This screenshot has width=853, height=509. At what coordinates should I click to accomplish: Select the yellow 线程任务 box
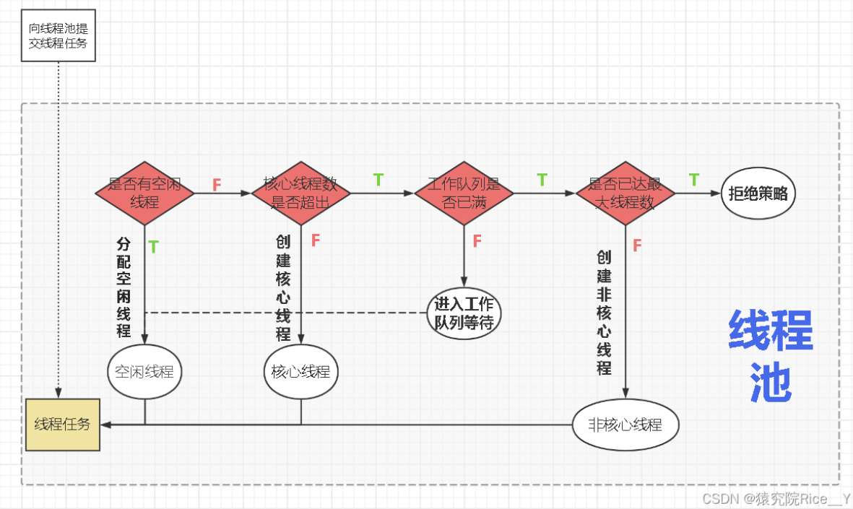tap(63, 424)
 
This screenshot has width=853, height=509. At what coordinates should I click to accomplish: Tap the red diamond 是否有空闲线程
tap(144, 193)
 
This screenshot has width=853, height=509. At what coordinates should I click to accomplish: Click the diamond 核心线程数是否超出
tap(300, 193)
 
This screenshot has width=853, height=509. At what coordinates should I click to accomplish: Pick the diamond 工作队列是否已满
tap(464, 193)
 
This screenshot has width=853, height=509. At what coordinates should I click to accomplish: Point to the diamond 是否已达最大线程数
tap(625, 193)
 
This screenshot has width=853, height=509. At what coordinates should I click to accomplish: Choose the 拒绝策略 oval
tap(758, 194)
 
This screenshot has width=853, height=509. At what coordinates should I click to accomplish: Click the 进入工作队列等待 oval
tap(464, 313)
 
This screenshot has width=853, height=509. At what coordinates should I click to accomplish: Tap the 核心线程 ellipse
tap(300, 372)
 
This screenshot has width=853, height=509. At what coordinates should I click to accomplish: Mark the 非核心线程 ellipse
tap(626, 425)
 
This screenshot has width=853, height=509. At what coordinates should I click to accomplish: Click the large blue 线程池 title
tap(771, 356)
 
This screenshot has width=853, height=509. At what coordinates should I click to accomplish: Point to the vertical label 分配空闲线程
tap(124, 287)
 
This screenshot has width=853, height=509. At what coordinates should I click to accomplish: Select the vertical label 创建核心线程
tap(282, 287)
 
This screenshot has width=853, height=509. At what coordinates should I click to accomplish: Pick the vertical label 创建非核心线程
tap(604, 313)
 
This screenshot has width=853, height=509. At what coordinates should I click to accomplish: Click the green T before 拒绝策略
tap(693, 179)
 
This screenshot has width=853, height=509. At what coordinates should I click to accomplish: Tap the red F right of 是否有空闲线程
tap(217, 185)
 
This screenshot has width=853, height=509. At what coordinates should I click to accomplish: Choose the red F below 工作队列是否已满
tap(477, 241)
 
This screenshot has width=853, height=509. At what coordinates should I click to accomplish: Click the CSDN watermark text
tap(776, 499)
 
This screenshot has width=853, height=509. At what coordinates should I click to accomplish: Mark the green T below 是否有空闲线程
tap(153, 247)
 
